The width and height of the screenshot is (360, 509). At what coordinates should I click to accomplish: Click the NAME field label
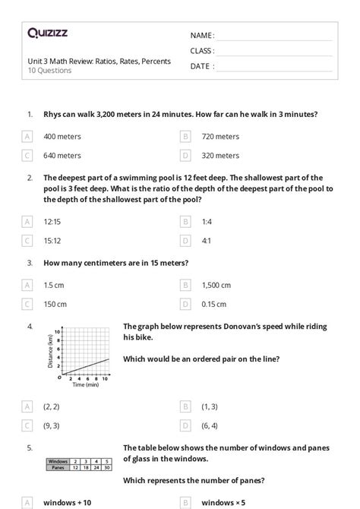[x=201, y=36]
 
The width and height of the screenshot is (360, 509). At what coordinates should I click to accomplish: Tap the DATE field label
[x=200, y=66]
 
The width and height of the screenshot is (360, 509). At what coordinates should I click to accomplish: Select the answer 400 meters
[x=62, y=137]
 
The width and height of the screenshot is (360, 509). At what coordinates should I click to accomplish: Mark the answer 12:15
[x=52, y=222]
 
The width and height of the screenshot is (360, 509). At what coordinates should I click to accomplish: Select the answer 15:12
[x=52, y=241]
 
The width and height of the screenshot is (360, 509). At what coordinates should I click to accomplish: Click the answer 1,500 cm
[x=216, y=286]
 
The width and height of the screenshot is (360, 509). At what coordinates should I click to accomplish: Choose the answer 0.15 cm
[x=216, y=305]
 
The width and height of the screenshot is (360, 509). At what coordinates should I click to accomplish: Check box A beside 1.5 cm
[x=27, y=286]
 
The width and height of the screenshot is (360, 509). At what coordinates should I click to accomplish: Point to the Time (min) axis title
[x=86, y=385]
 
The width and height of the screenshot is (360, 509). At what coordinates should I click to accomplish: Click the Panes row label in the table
[x=58, y=467]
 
